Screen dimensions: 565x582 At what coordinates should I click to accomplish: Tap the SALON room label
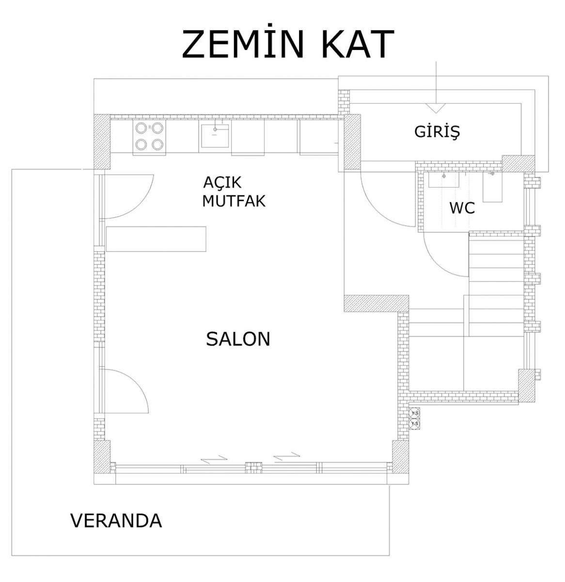(238, 339)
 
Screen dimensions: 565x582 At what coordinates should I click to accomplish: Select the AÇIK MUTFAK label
(234, 192)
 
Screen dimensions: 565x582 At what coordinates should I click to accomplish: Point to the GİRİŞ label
(437, 132)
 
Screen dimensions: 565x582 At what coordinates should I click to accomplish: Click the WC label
(462, 208)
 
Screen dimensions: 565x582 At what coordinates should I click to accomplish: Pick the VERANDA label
(116, 520)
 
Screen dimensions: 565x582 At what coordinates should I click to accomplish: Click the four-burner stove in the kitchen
(149, 137)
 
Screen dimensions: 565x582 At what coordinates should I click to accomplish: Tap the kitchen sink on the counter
(215, 136)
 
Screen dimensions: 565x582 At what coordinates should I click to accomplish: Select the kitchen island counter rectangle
(156, 239)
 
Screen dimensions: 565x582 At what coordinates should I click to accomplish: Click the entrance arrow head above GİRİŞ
(436, 108)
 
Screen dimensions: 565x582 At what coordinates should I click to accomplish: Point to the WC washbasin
(443, 180)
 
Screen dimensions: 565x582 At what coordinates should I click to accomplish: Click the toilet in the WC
(493, 187)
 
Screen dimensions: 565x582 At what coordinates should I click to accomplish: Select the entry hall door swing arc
(379, 205)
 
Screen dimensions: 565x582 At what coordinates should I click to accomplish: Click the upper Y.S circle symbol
(414, 413)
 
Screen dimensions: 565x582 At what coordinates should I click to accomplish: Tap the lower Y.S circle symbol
(414, 423)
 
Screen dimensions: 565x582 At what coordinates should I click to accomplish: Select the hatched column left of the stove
(102, 142)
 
